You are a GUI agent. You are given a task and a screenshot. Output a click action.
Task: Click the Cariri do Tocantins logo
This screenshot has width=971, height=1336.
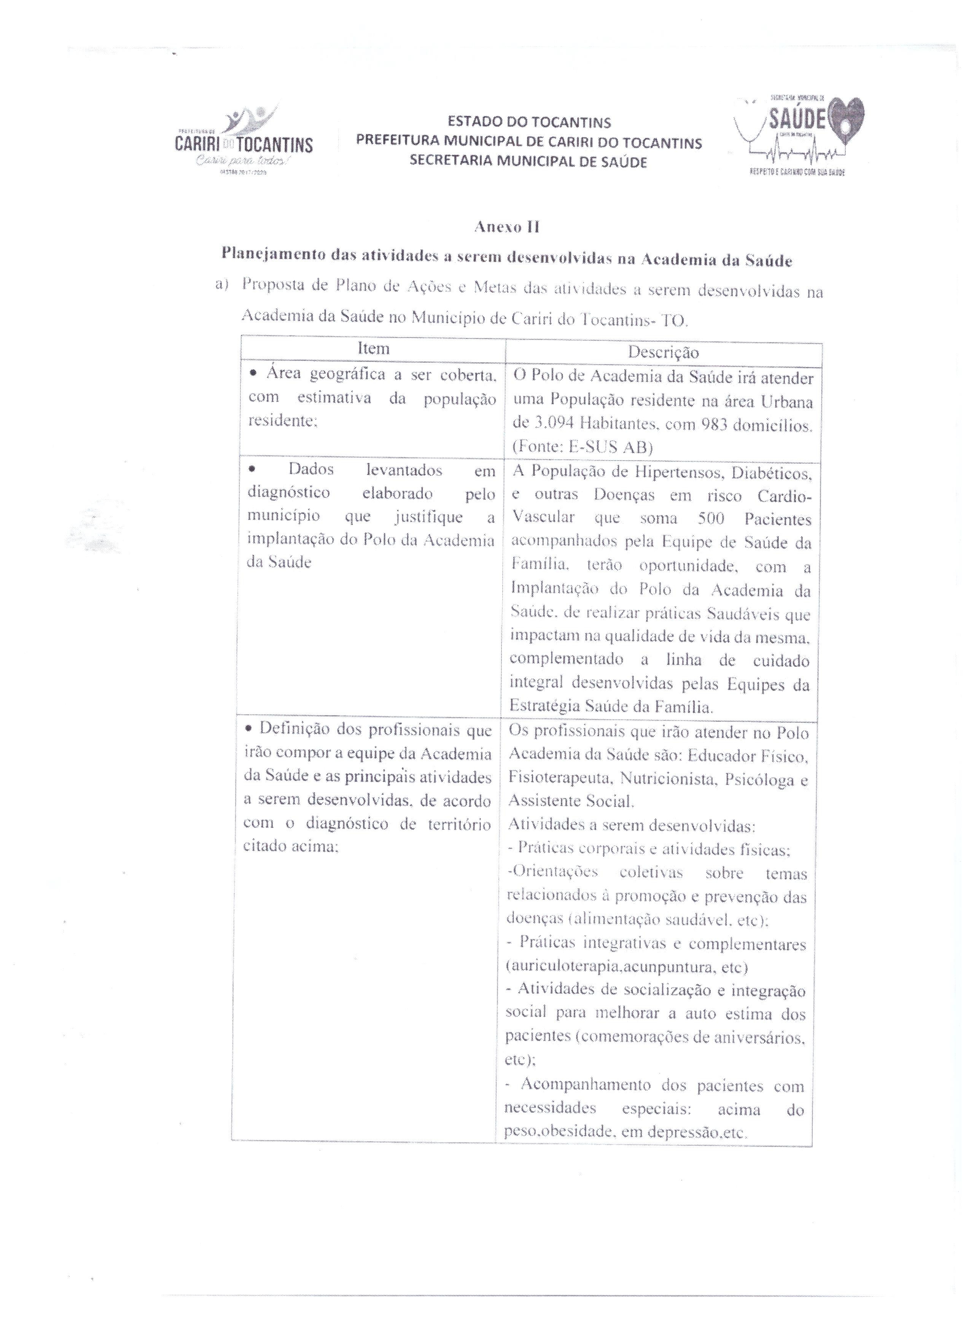[244, 141]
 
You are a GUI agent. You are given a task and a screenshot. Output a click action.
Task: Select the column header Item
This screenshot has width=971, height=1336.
[373, 348]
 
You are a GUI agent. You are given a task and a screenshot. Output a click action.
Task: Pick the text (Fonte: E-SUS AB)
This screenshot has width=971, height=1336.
[583, 447]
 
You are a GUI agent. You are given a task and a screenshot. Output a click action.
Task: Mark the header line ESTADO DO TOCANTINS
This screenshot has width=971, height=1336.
[529, 123]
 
